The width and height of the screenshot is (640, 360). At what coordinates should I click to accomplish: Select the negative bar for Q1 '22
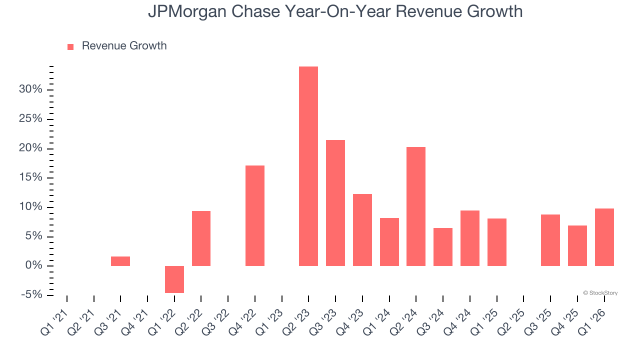coord(174,279)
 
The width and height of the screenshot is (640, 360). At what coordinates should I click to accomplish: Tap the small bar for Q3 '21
coord(120,261)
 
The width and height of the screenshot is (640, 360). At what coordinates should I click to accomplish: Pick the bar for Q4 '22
coord(255,215)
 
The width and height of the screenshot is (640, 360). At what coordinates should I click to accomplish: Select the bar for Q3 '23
coord(335,202)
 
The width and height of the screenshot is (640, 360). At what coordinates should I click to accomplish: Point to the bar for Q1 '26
coord(604,237)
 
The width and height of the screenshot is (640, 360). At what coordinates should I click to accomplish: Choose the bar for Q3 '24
coord(443,246)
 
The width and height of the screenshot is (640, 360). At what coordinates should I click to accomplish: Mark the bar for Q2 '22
coord(201,238)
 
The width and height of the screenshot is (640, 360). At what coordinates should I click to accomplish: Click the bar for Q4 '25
coord(577,245)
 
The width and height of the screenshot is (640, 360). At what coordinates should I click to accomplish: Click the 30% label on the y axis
coord(30,89)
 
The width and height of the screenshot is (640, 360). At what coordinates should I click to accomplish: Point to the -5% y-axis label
coord(31,295)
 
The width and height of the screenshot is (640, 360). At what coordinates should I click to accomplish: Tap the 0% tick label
coord(34,265)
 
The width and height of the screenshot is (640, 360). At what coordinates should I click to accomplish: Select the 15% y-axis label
coord(30,177)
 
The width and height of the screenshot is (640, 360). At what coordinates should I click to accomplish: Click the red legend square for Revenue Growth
coord(70,46)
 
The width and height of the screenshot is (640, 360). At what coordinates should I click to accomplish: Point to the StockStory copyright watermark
coord(600,293)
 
